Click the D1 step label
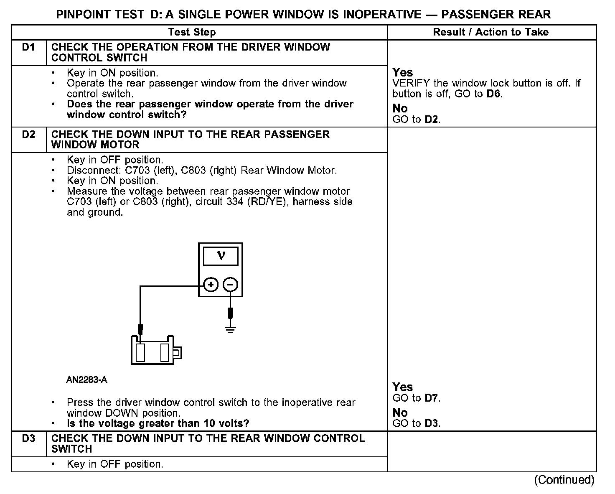point(28,47)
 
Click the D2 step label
point(28,135)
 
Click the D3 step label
point(28,438)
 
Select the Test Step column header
point(192,32)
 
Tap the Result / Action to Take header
point(491,32)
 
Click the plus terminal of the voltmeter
point(211,285)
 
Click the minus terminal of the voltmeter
point(230,285)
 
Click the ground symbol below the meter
point(230,329)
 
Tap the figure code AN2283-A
point(87,380)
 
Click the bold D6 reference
point(494,94)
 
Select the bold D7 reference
point(432,398)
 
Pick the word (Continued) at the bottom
point(564,480)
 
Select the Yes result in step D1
point(403,72)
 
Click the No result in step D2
point(400,413)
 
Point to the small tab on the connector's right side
point(177,353)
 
